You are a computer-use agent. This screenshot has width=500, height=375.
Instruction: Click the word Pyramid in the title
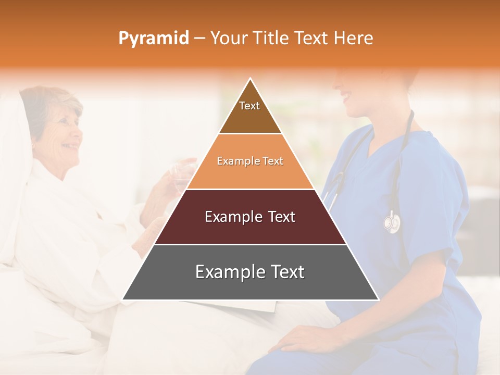(153, 39)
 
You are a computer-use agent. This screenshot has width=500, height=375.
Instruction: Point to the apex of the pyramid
(251, 79)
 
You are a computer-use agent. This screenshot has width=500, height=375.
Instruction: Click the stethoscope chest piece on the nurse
(392, 222)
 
